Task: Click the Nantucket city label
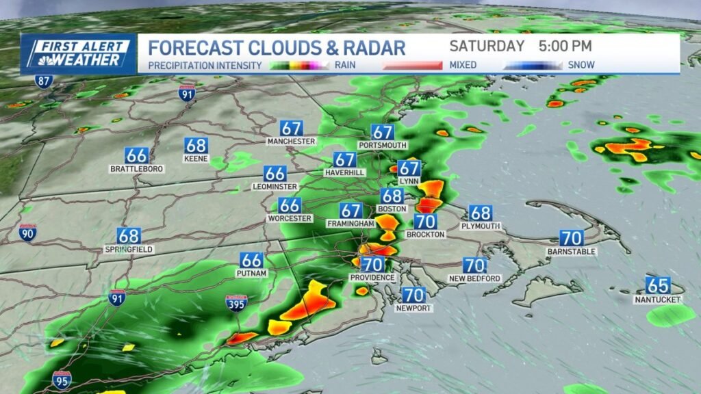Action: click(x=657, y=300)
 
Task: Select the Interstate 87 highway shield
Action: click(x=44, y=81)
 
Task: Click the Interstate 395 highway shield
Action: click(x=234, y=303)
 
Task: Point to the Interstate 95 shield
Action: click(x=62, y=380)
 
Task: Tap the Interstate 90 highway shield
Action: click(x=28, y=233)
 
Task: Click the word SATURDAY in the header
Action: click(x=487, y=47)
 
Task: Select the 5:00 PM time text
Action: click(x=565, y=47)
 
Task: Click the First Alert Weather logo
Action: click(x=77, y=53)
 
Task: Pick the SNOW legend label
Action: click(x=581, y=65)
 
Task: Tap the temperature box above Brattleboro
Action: click(x=136, y=155)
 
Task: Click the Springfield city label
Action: click(x=128, y=250)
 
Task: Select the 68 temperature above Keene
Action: click(x=196, y=145)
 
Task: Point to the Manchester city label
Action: click(x=291, y=141)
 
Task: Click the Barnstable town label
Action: click(x=572, y=252)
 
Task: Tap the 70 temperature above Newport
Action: click(x=413, y=295)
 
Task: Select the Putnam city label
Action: click(x=251, y=273)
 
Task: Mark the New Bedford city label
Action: click(x=474, y=278)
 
